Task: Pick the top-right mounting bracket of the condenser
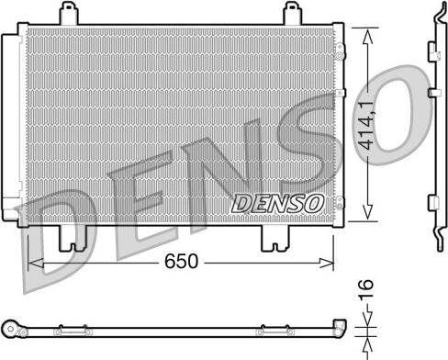point(293,15)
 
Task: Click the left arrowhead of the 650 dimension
point(35,263)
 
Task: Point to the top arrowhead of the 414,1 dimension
point(369,33)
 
